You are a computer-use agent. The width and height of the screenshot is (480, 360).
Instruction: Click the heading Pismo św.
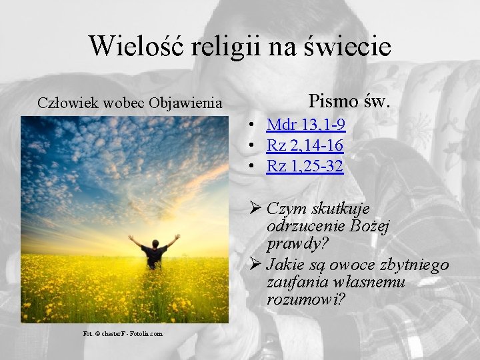pyautogui.click(x=349, y=101)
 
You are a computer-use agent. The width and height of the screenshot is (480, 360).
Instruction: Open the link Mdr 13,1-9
pyautogui.click(x=305, y=125)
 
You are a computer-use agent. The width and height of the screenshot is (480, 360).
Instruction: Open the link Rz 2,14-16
pyautogui.click(x=305, y=145)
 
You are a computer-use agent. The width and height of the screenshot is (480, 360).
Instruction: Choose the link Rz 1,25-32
pyautogui.click(x=305, y=166)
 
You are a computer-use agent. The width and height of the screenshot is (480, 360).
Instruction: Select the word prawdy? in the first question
pyautogui.click(x=293, y=243)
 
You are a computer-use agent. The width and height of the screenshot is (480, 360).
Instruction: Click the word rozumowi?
pyautogui.click(x=305, y=300)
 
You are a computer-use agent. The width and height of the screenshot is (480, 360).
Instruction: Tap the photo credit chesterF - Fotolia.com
pyautogui.click(x=123, y=333)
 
